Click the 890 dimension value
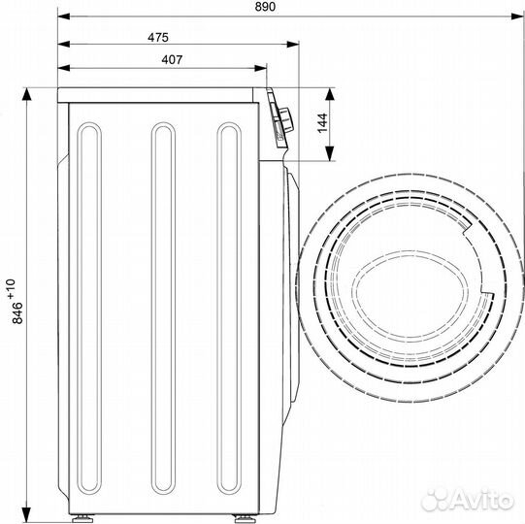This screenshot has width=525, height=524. [265, 7]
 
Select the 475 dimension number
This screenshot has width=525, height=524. [158, 38]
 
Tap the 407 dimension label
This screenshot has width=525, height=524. [172, 60]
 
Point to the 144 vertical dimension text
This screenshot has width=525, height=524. [322, 123]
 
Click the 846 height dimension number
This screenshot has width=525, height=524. [17, 313]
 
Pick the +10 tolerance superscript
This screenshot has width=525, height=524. [12, 288]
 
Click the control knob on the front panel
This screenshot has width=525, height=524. [285, 120]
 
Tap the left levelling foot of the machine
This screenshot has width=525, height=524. [82, 518]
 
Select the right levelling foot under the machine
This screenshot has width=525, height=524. [246, 518]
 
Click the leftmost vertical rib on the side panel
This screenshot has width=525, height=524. [89, 308]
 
